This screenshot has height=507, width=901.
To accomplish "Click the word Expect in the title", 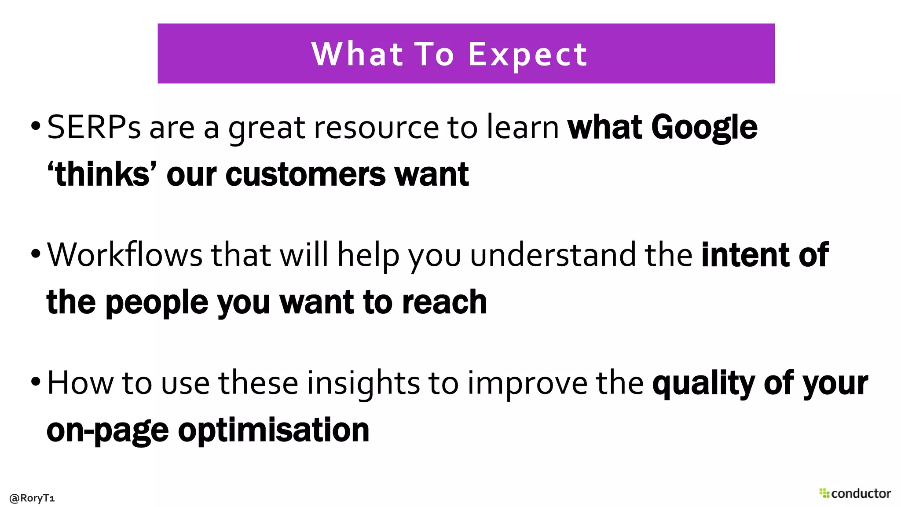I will click(x=527, y=55).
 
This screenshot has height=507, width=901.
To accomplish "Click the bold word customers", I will click(x=305, y=174).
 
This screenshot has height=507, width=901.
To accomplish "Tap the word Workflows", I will click(x=125, y=255).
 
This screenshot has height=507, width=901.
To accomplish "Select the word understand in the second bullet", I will click(x=553, y=255).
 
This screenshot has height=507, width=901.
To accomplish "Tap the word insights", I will click(x=363, y=383).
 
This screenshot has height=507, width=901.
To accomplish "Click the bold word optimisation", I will click(x=274, y=430).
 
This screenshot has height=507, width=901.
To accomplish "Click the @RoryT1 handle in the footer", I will click(x=32, y=498).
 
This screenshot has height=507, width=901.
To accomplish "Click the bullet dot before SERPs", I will click(x=36, y=127).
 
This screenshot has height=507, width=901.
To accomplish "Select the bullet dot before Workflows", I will click(x=36, y=254).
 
